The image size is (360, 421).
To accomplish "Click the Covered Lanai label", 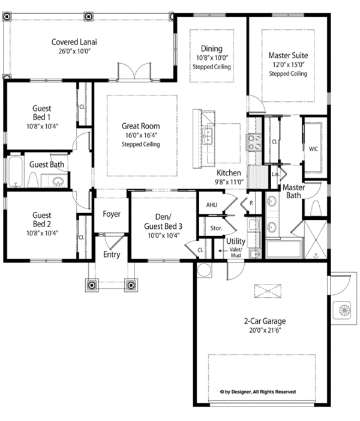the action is pyautogui.click(x=74, y=42).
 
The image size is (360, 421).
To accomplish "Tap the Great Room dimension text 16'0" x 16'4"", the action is pyautogui.click(x=141, y=135).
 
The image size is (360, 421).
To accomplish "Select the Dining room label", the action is pyautogui.click(x=212, y=49).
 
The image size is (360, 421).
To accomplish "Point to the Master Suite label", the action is pyautogui.click(x=288, y=55).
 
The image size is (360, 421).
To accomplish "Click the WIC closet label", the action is pyautogui.click(x=313, y=149).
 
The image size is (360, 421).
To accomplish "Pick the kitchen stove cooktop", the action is pyautogui.click(x=254, y=142).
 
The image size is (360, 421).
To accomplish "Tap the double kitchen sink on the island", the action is pyautogui.click(x=208, y=136).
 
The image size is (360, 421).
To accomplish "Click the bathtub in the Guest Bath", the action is pyautogui.click(x=15, y=171).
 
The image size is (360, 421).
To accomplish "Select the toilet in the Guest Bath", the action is pyautogui.click(x=33, y=180).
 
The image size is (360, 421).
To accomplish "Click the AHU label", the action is pyautogui.click(x=212, y=205).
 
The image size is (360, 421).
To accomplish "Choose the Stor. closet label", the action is pyautogui.click(x=216, y=228).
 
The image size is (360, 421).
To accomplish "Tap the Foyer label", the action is pyautogui.click(x=112, y=214).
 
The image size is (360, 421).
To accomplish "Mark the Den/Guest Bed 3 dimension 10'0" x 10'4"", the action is pyautogui.click(x=164, y=235).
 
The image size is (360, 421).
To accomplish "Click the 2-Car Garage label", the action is pyautogui.click(x=265, y=321).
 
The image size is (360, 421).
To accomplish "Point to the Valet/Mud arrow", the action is pyautogui.click(x=223, y=251).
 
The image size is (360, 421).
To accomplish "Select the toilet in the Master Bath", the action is pyautogui.click(x=316, y=208).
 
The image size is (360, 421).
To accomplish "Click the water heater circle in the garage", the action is pyautogui.click(x=205, y=270).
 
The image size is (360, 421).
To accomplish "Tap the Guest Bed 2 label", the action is pyautogui.click(x=42, y=219).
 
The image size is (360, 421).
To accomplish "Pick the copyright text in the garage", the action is pyautogui.click(x=258, y=392).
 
